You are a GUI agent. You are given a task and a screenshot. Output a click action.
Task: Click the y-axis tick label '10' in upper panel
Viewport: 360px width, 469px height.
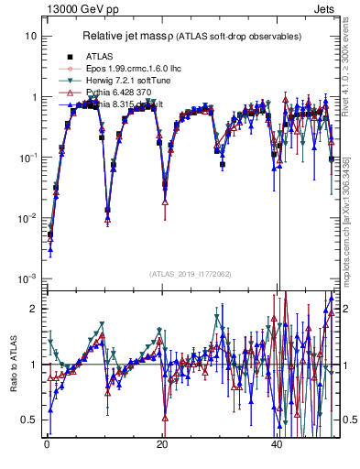(30, 36)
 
